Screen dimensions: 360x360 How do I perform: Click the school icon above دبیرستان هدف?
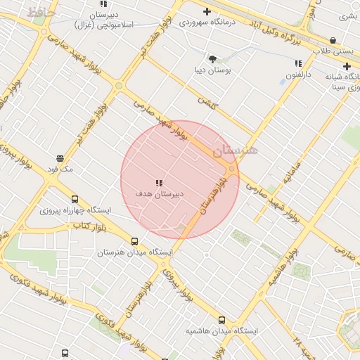(159, 182)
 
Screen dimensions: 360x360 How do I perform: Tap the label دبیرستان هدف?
(160, 193)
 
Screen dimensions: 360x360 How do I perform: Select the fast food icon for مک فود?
(60, 158)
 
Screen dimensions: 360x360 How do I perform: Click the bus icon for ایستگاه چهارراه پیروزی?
(75, 200)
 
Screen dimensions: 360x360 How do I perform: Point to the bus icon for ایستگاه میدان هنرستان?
(134, 241)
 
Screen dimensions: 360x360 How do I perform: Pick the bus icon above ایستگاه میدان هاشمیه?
(222, 320)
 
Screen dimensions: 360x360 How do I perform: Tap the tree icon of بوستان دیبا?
(213, 59)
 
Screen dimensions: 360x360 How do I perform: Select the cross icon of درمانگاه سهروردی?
(207, 11)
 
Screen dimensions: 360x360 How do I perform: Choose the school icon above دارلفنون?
(298, 64)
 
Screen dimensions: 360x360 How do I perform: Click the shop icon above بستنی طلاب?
(333, 41)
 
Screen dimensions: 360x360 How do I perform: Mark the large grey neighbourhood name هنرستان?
(236, 150)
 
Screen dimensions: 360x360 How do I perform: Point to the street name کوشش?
(208, 103)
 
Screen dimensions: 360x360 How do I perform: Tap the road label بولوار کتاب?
(89, 226)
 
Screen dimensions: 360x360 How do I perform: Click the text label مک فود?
(60, 169)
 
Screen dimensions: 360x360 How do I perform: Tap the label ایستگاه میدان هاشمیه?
(222, 330)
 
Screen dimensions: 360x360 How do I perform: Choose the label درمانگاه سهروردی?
(207, 22)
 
